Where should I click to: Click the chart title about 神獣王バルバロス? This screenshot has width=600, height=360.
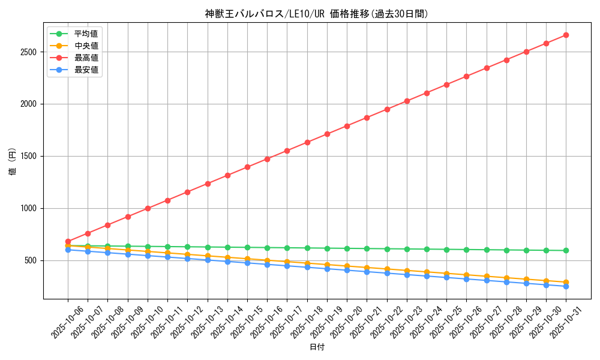317,14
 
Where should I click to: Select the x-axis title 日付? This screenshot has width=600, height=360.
317,347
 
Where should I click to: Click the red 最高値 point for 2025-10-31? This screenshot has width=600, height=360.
566,35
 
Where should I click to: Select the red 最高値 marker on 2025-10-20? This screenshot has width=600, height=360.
347,126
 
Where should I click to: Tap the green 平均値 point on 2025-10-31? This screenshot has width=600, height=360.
566,251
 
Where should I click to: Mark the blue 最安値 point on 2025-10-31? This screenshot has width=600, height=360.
566,286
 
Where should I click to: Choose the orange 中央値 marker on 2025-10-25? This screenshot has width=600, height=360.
446,274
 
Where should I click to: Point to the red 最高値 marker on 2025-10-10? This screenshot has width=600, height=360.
148,208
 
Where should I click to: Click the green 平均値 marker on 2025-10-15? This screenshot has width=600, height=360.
247,247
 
